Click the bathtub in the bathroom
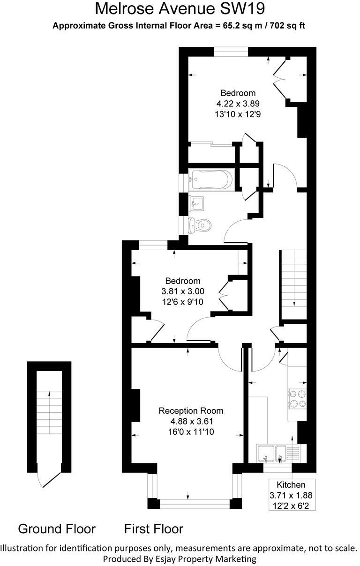(x=210, y=179)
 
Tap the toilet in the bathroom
(x=199, y=226)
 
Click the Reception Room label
(x=191, y=411)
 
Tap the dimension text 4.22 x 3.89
(x=238, y=103)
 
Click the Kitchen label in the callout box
(x=291, y=485)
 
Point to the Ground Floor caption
(x=57, y=529)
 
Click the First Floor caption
(x=154, y=529)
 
